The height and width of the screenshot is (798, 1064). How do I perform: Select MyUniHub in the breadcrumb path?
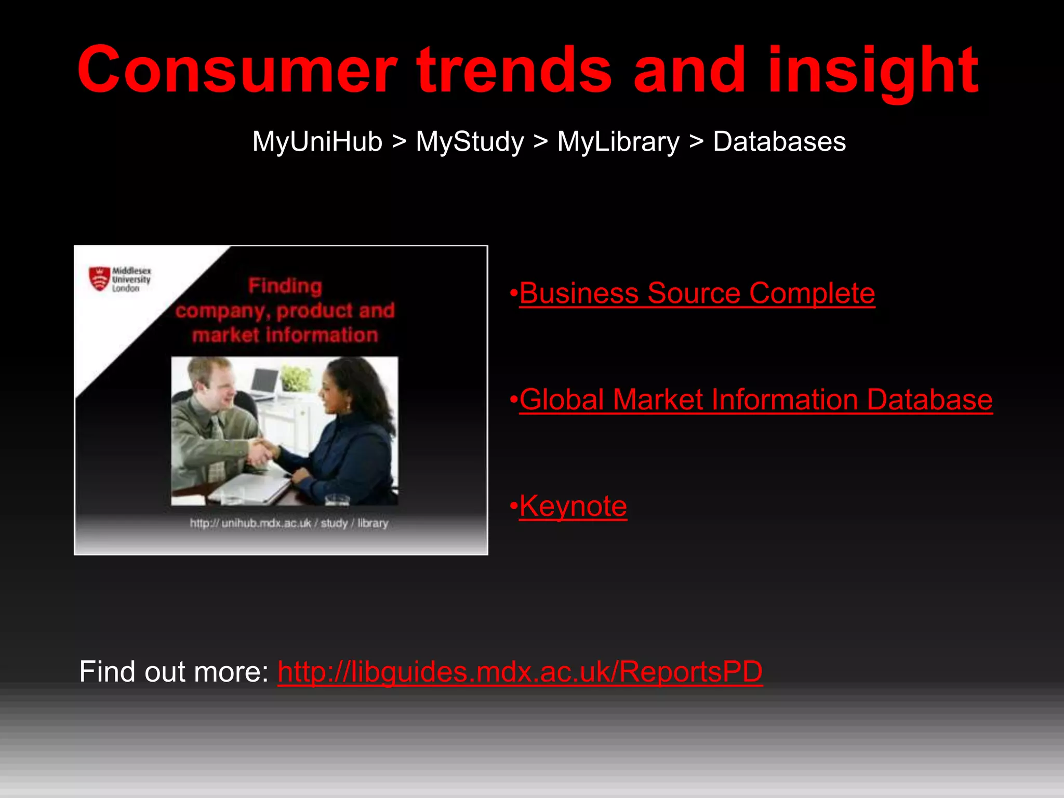(x=317, y=141)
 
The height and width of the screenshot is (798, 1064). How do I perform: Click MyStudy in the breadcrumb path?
(x=470, y=141)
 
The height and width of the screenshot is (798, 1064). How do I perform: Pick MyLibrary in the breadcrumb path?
(x=618, y=141)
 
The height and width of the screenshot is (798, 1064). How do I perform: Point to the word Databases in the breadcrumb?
(x=779, y=141)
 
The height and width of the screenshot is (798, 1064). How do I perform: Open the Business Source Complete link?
(x=697, y=293)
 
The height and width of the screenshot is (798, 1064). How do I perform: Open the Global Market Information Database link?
(x=755, y=400)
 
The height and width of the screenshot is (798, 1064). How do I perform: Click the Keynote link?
(x=573, y=506)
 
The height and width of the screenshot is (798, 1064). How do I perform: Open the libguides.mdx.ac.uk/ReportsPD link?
(x=520, y=671)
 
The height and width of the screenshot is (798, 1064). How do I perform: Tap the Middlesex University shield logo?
(x=99, y=279)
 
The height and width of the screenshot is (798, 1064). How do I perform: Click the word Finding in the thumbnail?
(x=285, y=286)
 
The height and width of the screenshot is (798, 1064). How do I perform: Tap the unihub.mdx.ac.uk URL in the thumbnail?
(x=289, y=523)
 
